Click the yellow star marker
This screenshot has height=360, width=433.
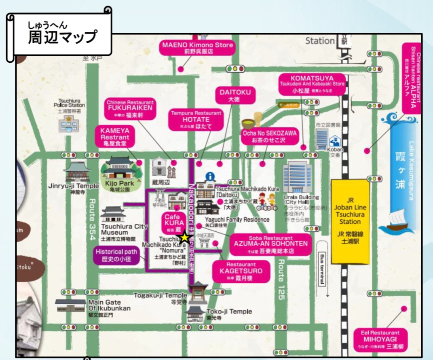tap(185, 237)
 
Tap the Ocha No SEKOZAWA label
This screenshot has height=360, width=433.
tap(269, 136)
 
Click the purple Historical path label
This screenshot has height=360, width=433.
tap(116, 255)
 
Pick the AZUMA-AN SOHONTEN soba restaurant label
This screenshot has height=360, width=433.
tap(271, 244)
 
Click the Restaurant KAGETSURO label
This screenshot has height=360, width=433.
tap(241, 271)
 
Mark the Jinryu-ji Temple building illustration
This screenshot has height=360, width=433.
tap(77, 171)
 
